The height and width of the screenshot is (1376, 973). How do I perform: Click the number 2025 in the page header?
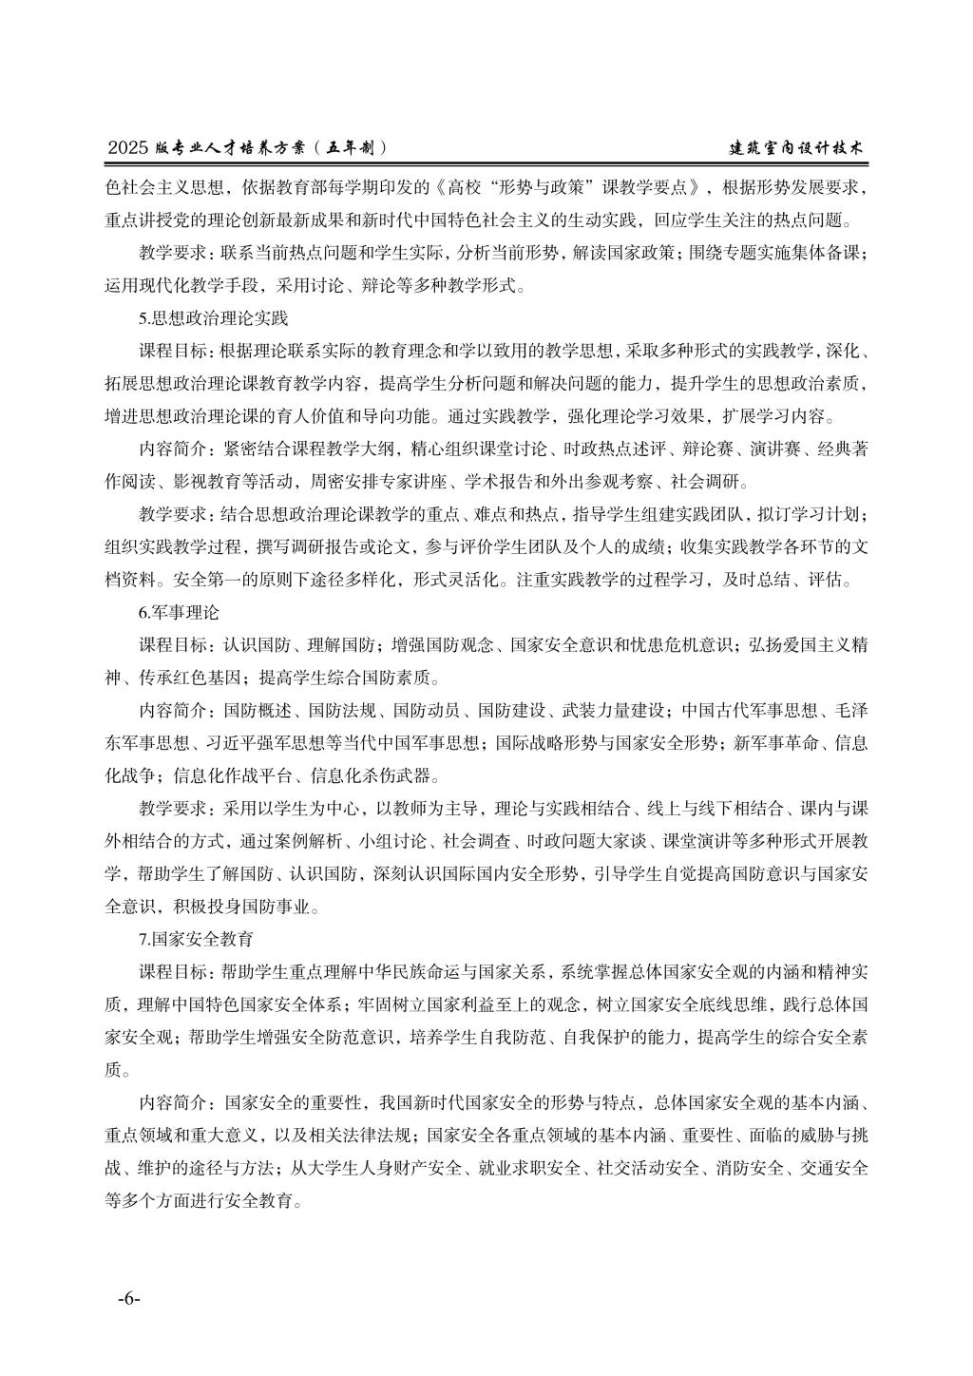pyautogui.click(x=129, y=148)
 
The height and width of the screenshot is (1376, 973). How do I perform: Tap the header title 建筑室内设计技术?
pyautogui.click(x=796, y=148)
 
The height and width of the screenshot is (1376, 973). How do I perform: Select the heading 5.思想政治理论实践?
pyautogui.click(x=214, y=316)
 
